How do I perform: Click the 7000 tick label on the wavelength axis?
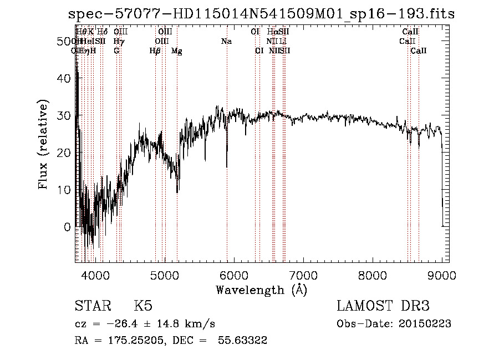pos(303,275)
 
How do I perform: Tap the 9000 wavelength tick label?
pos(442,275)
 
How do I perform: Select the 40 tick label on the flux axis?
pos(65,79)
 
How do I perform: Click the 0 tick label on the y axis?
pos(68,227)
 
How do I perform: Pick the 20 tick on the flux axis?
pos(65,153)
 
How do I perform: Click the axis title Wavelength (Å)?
pos(261,290)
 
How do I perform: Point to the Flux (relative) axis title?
pos(43,144)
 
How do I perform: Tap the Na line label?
pos(226,42)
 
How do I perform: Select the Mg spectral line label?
pos(177,51)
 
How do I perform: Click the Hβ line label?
pos(155,51)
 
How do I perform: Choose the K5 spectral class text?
pos(143,307)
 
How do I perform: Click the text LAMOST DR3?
pos(383,307)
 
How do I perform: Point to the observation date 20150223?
pos(424,324)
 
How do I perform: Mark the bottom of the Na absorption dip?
pos(227,166)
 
